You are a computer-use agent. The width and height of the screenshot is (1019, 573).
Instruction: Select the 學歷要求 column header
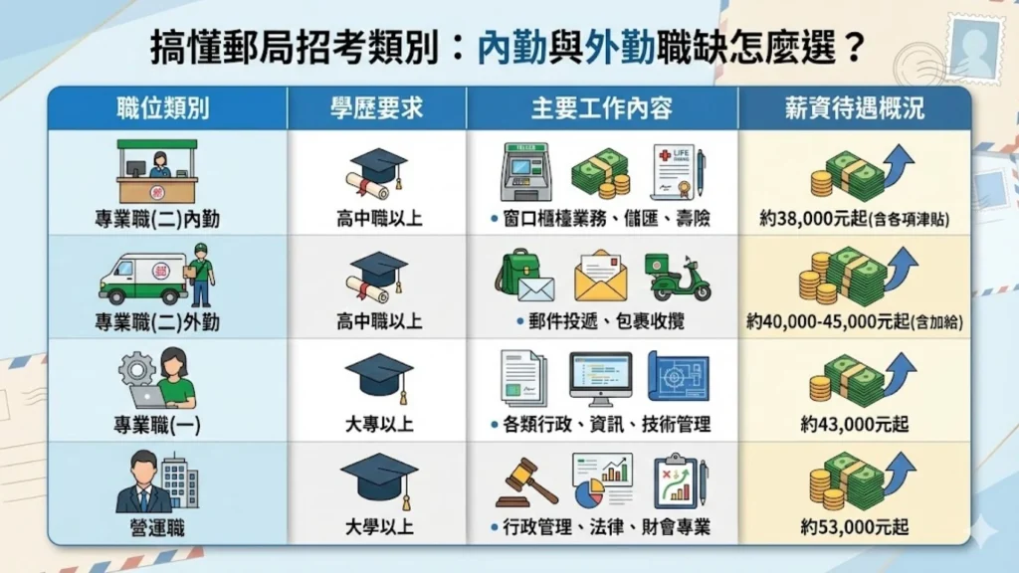click(x=376, y=108)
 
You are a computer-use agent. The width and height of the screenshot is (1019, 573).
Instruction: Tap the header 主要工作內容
click(x=601, y=108)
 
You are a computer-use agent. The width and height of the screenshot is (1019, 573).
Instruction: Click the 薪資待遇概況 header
click(x=854, y=108)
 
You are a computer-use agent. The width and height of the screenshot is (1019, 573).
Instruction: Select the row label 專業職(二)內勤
click(x=157, y=219)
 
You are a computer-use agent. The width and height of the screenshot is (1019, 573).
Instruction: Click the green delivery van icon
click(x=142, y=279)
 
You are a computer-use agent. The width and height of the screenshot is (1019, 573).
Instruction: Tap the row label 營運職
click(x=157, y=527)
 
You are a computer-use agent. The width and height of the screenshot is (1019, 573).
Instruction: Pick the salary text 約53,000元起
click(x=855, y=527)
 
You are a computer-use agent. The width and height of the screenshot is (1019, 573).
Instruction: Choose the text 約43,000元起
click(x=855, y=425)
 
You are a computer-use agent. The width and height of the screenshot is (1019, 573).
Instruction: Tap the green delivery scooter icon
click(x=677, y=277)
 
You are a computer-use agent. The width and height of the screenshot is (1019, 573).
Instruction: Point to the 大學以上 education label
click(x=379, y=527)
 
